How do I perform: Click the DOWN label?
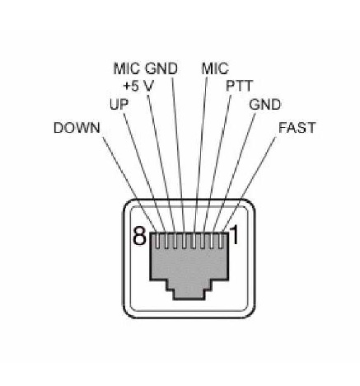pos(77,128)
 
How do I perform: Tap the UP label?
pos(119,105)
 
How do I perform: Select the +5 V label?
pos(138,86)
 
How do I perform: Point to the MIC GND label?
pos(145,68)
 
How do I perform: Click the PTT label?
pos(239,86)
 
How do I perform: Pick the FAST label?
pos(297,128)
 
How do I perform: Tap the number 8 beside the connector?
pos(139,236)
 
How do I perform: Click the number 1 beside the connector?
pos(234,235)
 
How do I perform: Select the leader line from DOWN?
pos(129,184)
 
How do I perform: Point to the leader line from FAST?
pos(249,184)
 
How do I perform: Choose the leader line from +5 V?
pos(161,163)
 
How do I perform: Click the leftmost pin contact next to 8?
pos(157,241)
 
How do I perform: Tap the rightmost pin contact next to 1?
pos(222,241)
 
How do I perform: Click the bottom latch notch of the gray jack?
pos(189,294)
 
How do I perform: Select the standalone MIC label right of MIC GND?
pos(215,68)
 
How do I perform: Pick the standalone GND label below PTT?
pos(264,105)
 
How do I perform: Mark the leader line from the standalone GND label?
pos(234,172)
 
